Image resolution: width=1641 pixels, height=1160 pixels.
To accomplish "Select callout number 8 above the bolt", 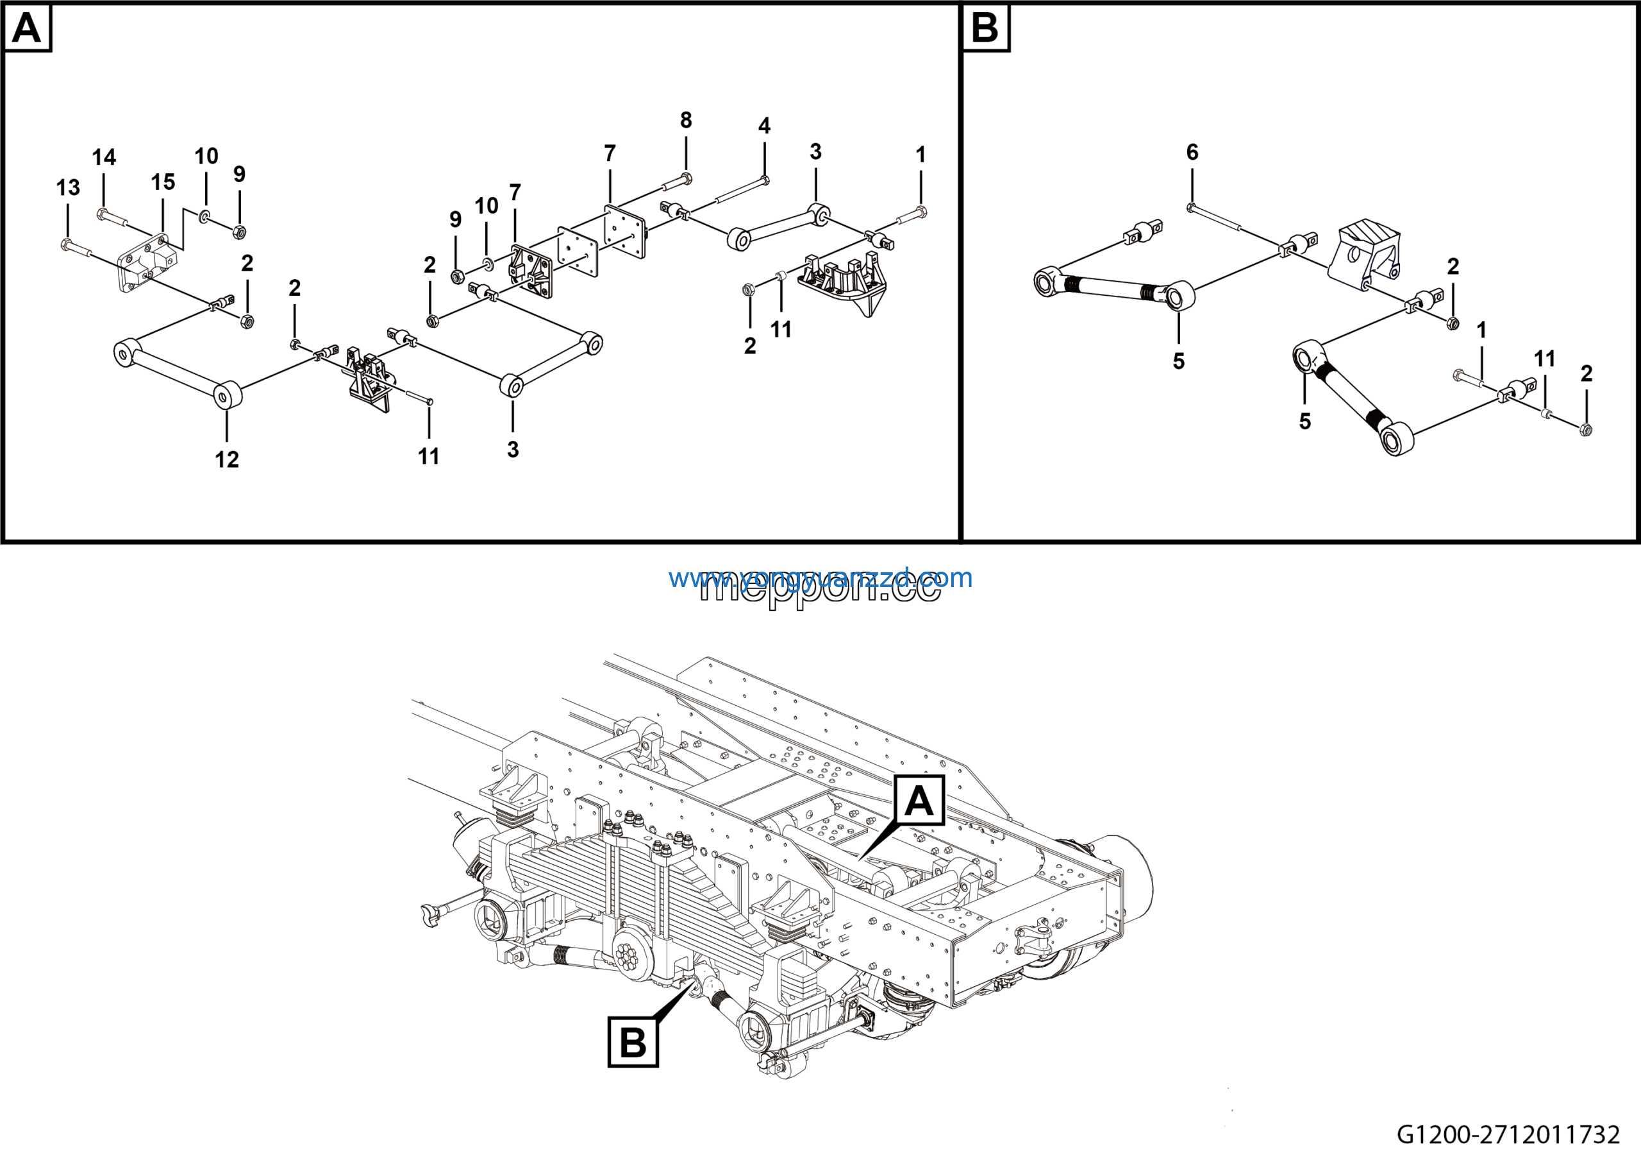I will click(x=685, y=120).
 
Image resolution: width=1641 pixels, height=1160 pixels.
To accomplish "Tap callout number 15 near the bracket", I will click(x=162, y=182).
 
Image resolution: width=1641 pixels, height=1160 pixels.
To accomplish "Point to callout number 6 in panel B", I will click(x=1192, y=151).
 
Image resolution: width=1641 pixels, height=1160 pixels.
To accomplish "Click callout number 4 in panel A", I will click(x=764, y=126).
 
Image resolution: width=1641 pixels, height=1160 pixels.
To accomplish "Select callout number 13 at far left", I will click(x=68, y=187).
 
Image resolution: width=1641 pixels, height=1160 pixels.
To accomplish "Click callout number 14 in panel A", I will click(x=104, y=157).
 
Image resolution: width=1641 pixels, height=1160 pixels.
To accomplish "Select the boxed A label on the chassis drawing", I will click(x=919, y=800).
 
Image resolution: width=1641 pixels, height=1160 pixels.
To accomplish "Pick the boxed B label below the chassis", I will click(x=633, y=1042).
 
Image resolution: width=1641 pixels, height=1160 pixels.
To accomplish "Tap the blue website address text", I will click(x=820, y=578).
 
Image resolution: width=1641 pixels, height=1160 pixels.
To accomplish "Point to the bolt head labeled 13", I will click(x=66, y=245).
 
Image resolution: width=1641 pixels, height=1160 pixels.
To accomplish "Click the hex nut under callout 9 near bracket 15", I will click(x=240, y=232).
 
